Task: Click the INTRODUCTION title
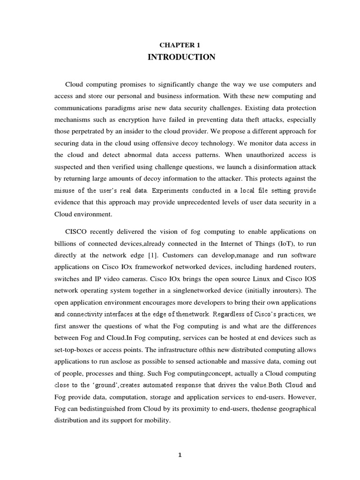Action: (x=181, y=57)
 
